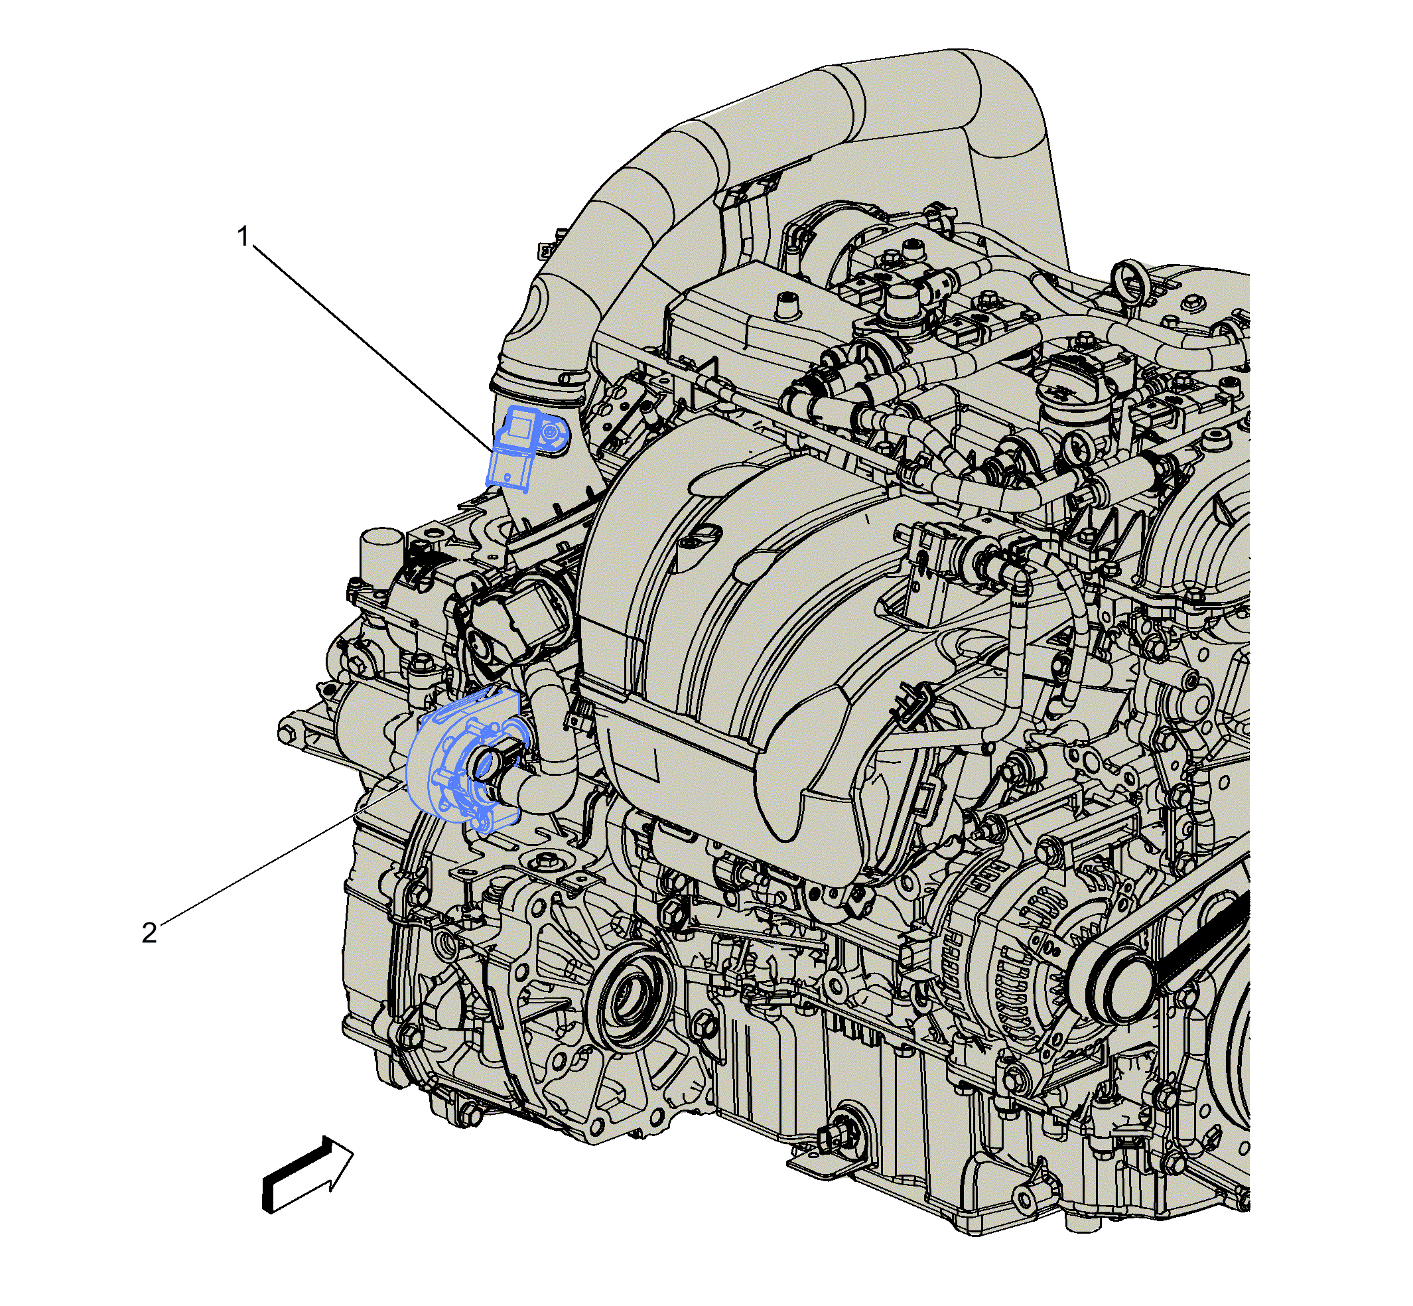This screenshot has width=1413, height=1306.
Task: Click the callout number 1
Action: (243, 238)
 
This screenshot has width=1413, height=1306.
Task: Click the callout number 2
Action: (149, 933)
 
